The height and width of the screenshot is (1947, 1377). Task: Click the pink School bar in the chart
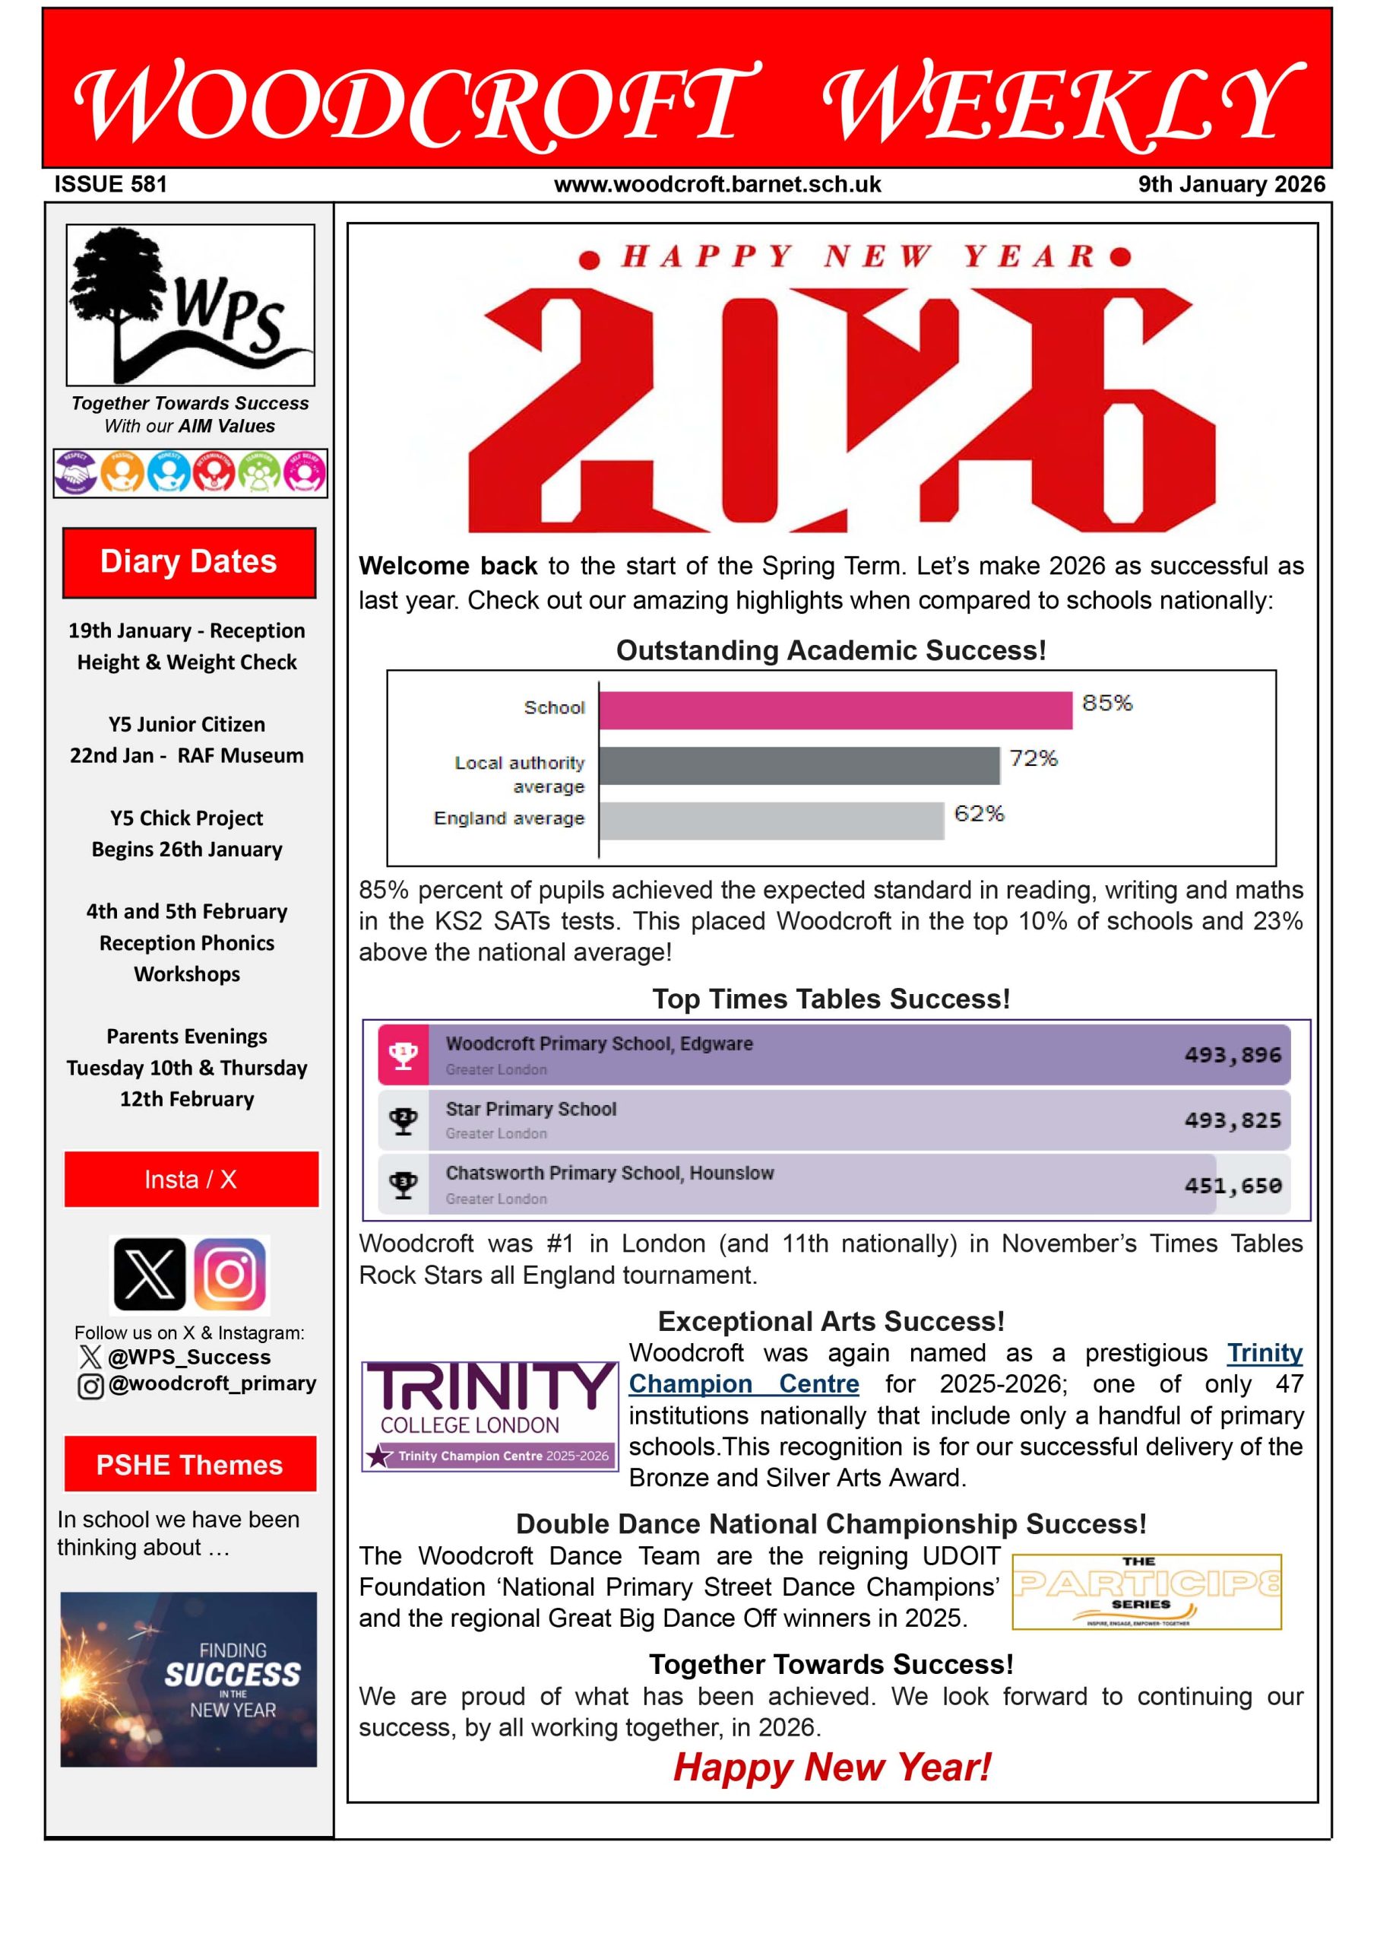835,710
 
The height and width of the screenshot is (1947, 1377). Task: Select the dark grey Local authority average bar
799,765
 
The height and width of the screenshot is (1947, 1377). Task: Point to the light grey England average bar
771,821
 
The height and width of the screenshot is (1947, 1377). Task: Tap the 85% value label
1106,703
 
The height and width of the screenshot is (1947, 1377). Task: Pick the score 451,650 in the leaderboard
1232,1185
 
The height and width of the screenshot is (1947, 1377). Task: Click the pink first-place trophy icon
403,1055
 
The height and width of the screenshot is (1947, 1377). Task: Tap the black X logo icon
149,1274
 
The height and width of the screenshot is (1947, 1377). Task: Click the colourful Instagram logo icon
230,1274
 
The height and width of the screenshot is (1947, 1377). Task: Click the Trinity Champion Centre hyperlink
966,1367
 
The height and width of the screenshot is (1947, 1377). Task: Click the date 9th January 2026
1230,184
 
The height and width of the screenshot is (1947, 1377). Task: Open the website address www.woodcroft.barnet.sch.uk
717,184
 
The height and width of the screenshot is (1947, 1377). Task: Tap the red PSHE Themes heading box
190,1464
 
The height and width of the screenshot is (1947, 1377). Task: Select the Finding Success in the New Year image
188,1679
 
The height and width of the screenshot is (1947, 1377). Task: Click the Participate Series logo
1147,1592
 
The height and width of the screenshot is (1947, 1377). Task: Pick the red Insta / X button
191,1180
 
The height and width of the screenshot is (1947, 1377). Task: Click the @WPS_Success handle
189,1358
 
